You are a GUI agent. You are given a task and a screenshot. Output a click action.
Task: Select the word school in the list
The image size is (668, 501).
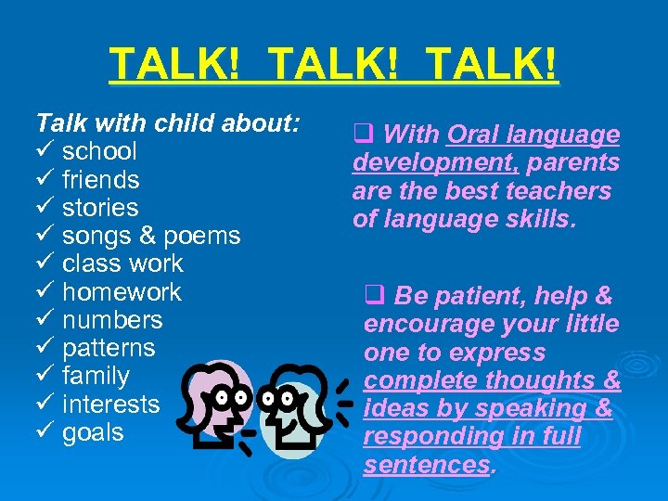pyautogui.click(x=99, y=151)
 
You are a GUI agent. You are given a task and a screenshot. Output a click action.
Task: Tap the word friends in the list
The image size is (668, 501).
pyautogui.click(x=100, y=179)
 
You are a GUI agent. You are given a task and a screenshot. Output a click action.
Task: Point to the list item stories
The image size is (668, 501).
pyautogui.click(x=99, y=208)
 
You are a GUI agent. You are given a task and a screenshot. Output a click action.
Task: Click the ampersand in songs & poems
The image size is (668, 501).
pyautogui.click(x=144, y=236)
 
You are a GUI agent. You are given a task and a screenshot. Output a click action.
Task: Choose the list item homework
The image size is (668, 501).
pyautogui.click(x=122, y=292)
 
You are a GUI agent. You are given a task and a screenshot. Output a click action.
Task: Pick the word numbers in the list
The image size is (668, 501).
pyautogui.click(x=111, y=320)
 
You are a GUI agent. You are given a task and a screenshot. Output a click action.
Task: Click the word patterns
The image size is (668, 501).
pyautogui.click(x=109, y=348)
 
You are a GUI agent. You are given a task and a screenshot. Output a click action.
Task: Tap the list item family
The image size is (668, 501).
pyautogui.click(x=96, y=377)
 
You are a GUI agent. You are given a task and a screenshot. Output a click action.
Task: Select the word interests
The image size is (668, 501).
pyautogui.click(x=110, y=405)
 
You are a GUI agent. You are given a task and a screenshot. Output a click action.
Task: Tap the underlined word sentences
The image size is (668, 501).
pyautogui.click(x=426, y=464)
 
